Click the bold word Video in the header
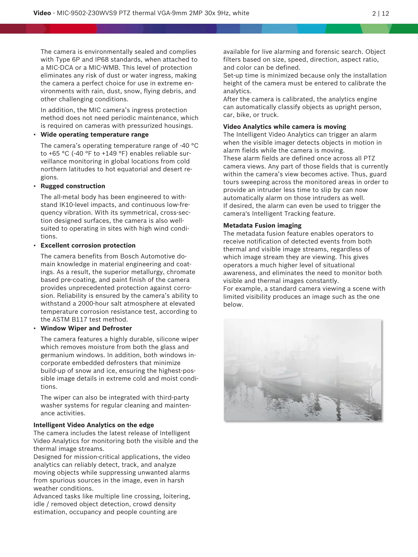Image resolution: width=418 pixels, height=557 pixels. pos(42,13)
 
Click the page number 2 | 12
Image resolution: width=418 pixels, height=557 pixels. pos(380,13)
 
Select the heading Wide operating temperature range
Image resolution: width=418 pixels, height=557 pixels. pos(95,135)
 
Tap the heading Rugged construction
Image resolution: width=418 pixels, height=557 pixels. pos(73,186)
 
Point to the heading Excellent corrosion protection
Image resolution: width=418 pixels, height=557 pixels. pos(88,246)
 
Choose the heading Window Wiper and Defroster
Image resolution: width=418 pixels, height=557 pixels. pos(86,328)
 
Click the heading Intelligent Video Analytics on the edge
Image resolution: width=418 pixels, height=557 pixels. pos(94,425)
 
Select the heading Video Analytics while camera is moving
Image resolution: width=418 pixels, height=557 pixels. pos(285,127)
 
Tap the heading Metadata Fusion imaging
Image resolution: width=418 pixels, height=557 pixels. pos(262,226)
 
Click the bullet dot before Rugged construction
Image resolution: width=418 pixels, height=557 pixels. pos(35,186)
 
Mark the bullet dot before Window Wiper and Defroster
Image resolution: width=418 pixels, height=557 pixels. pos(35,329)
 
